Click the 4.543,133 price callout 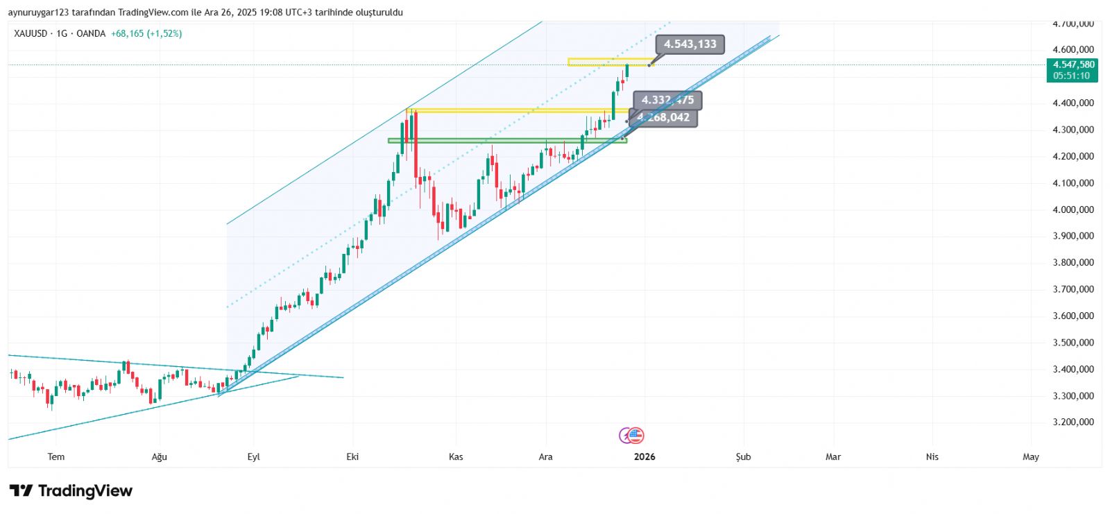[690, 44]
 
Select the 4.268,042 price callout [665, 118]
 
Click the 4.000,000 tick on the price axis [1073, 209]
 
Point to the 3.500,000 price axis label [1073, 343]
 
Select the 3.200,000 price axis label [1073, 422]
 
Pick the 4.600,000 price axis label [1073, 50]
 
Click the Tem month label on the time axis [56, 456]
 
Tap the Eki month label [352, 456]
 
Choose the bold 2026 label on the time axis [644, 456]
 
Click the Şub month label [743, 456]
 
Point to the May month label [1031, 456]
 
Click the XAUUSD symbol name [31, 33]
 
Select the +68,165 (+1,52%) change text [146, 33]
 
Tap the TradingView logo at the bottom [71, 491]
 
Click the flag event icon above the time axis [635, 436]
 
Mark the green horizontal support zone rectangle [506, 141]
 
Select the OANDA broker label [91, 33]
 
